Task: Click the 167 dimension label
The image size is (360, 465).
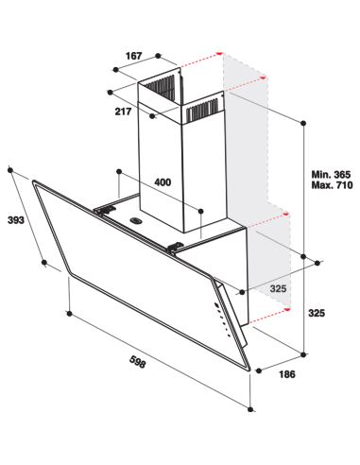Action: [x=134, y=56]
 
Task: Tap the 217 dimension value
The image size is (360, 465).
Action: [x=123, y=112]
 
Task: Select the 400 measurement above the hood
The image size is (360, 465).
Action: [x=163, y=182]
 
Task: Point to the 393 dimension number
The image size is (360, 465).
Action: [x=16, y=220]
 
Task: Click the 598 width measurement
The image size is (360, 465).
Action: [x=138, y=361]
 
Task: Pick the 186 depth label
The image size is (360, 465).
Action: [x=287, y=374]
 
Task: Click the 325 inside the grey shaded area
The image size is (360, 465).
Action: [x=278, y=288]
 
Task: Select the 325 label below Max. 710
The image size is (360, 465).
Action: [x=317, y=313]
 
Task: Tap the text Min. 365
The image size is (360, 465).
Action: [x=331, y=174]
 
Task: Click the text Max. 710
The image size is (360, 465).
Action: [x=332, y=185]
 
